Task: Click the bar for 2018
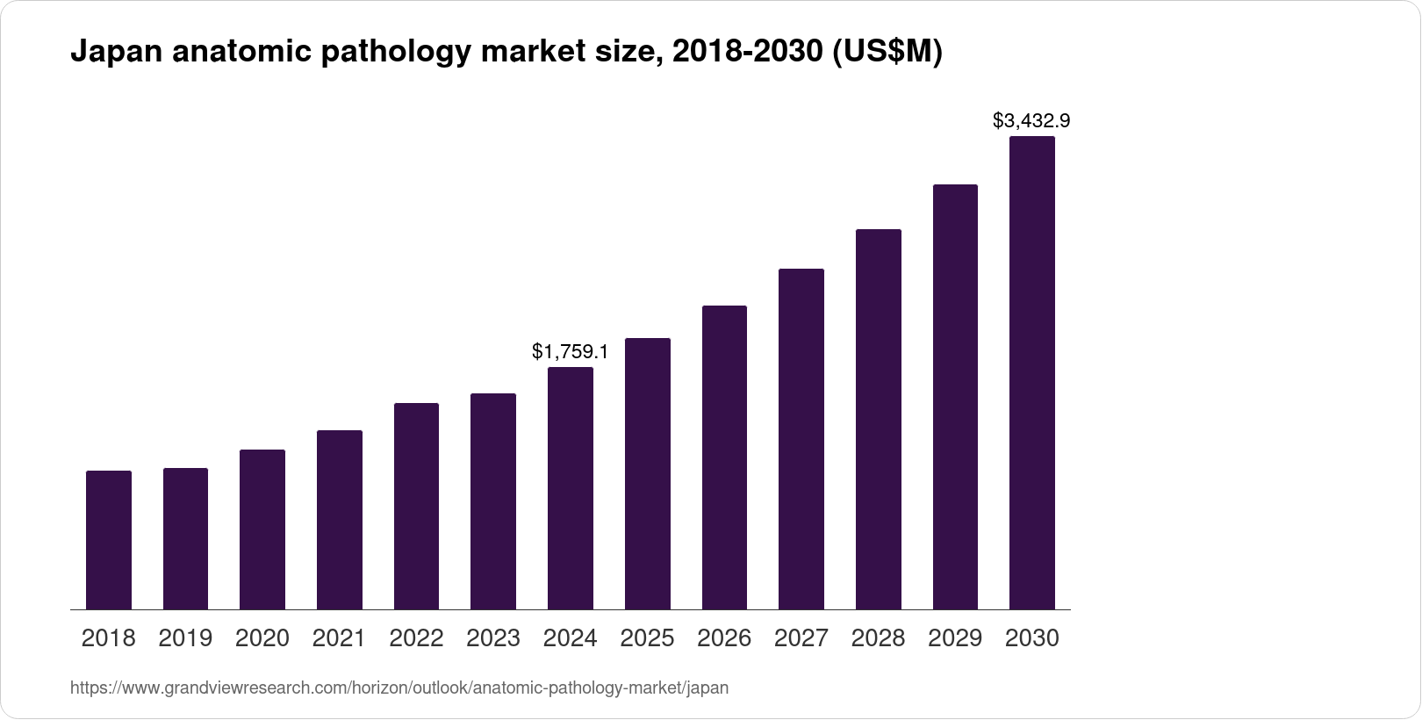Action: point(109,540)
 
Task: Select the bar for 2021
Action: point(340,520)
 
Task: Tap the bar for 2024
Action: point(571,488)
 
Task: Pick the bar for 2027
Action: point(801,439)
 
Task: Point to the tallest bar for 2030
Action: point(1032,373)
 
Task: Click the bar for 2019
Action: point(185,538)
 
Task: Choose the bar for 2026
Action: point(724,457)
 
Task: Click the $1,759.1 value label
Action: point(571,352)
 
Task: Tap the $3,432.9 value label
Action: point(1031,120)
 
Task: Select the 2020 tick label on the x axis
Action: point(262,638)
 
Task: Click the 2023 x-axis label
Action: point(493,638)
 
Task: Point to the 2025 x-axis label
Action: point(647,638)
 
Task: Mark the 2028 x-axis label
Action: point(878,638)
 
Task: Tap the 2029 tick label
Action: point(955,638)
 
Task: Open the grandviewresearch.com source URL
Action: point(399,688)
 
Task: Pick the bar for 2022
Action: point(416,506)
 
